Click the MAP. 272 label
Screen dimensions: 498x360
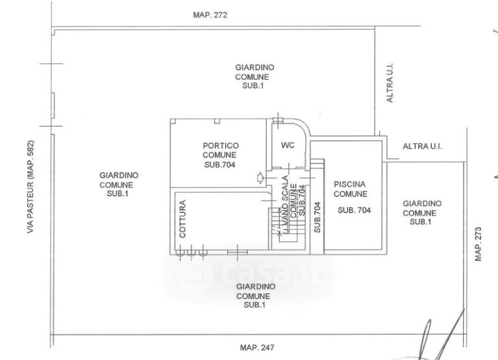click(210, 15)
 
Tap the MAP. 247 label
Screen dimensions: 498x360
click(257, 348)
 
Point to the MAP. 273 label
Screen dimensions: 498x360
click(479, 244)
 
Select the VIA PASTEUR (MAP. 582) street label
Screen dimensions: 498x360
click(30, 187)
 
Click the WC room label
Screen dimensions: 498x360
click(288, 145)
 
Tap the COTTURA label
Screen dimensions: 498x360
click(182, 219)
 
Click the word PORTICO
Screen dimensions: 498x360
click(221, 145)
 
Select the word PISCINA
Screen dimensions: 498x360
click(350, 184)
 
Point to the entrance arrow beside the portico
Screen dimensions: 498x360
click(260, 178)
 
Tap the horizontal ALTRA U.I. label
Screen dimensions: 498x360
click(423, 146)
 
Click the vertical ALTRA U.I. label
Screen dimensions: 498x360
click(390, 83)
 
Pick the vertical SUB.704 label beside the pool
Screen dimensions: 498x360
click(317, 217)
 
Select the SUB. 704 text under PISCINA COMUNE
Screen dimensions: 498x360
click(354, 210)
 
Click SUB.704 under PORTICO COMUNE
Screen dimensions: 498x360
click(219, 165)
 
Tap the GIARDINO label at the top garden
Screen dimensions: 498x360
click(255, 67)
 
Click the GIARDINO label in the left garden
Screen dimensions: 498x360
click(119, 175)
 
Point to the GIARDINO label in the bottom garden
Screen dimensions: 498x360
click(256, 287)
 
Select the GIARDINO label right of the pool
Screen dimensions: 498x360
click(422, 203)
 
